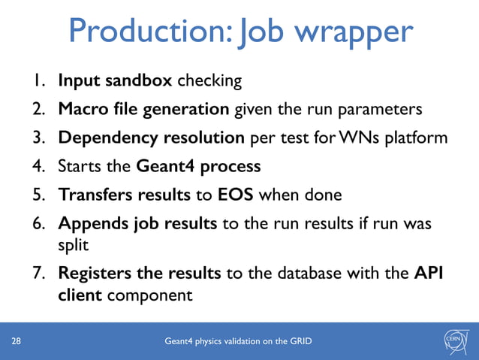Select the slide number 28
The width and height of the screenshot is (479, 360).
click(x=16, y=342)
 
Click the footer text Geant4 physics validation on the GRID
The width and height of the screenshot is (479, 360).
click(x=239, y=342)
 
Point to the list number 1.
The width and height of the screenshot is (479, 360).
click(x=38, y=80)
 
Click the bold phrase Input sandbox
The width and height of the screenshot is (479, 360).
click(x=115, y=80)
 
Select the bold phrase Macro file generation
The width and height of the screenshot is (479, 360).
click(x=143, y=110)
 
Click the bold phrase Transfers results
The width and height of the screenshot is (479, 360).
click(x=125, y=195)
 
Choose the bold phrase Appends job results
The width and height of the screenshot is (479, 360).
click(x=137, y=223)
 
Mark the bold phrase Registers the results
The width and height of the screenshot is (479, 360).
click(x=139, y=274)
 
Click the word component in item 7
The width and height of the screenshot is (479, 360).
click(x=149, y=295)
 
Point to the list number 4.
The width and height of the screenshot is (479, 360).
click(x=38, y=166)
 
